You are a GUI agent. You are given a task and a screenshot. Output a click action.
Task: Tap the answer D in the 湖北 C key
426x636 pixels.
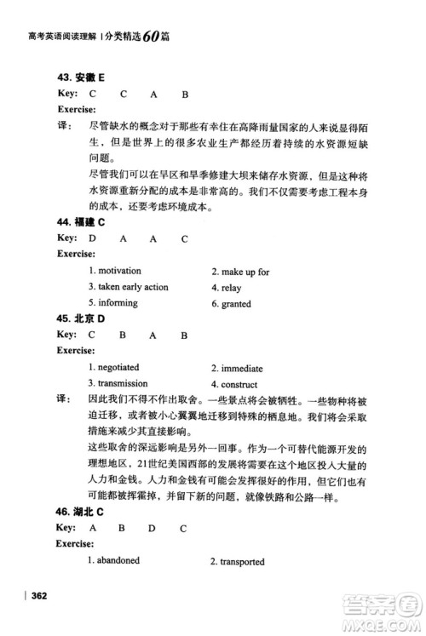151,528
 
